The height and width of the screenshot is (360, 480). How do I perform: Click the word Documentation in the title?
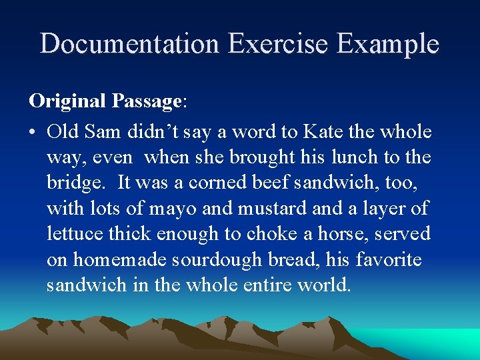pyautogui.click(x=130, y=44)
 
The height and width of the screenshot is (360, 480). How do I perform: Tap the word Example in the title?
pyautogui.click(x=388, y=44)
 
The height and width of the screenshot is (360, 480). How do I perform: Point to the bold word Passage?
pyautogui.click(x=147, y=101)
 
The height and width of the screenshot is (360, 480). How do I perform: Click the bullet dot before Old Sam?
pyautogui.click(x=33, y=133)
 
